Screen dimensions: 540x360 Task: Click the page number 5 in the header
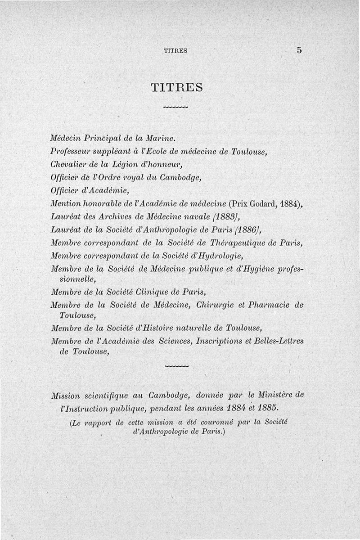299,50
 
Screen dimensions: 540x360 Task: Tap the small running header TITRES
175,51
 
